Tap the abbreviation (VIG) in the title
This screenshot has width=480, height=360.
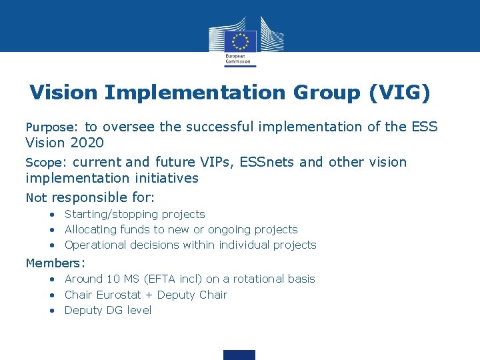point(399,93)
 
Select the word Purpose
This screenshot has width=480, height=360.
point(51,127)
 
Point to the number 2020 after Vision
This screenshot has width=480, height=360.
point(86,143)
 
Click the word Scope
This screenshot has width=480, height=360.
point(45,163)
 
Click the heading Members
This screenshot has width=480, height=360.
point(55,263)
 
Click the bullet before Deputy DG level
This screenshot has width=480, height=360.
point(51,310)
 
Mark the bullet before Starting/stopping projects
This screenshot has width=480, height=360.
point(51,214)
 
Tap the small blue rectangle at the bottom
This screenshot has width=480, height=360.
point(239,355)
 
